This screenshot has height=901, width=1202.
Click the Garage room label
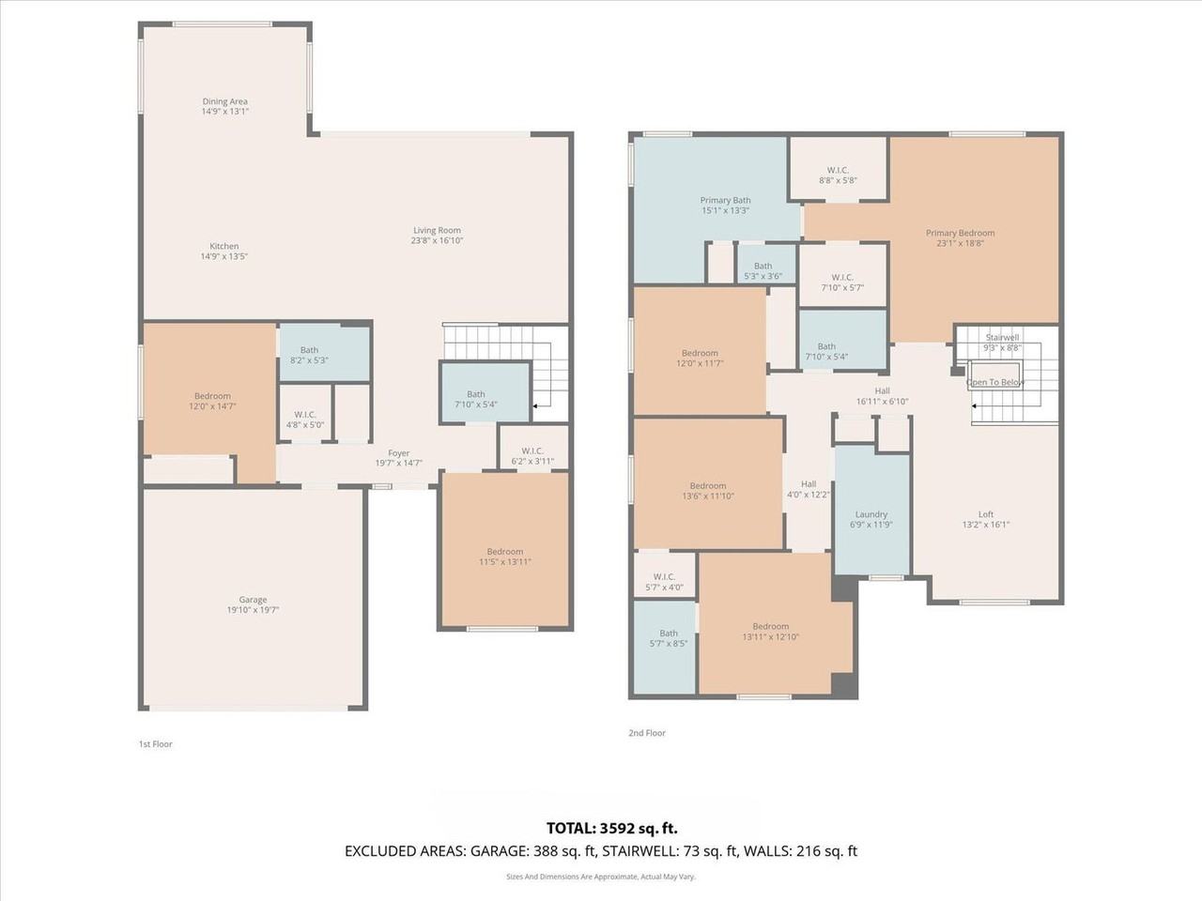(253, 600)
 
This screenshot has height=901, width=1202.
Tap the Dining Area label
(224, 101)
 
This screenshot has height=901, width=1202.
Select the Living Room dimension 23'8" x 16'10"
(437, 241)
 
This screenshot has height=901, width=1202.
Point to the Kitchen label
(224, 246)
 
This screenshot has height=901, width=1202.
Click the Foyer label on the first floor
(399, 453)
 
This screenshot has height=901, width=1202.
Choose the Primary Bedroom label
(960, 233)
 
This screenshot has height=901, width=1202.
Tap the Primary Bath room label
(725, 200)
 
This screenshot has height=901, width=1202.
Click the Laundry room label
(871, 514)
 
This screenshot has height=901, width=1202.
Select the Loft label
(986, 514)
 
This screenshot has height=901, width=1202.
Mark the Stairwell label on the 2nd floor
(1002, 337)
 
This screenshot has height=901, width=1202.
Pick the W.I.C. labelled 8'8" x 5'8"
(838, 175)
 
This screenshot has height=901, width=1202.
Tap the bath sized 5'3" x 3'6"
(763, 271)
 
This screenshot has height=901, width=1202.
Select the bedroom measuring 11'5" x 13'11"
(505, 557)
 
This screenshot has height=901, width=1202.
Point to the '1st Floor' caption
(156, 744)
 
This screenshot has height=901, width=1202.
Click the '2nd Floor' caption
(647, 733)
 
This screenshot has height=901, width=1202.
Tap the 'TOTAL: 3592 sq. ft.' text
(612, 828)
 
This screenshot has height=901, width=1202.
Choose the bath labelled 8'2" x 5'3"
(309, 356)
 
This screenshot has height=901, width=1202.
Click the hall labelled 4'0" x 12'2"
(808, 489)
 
